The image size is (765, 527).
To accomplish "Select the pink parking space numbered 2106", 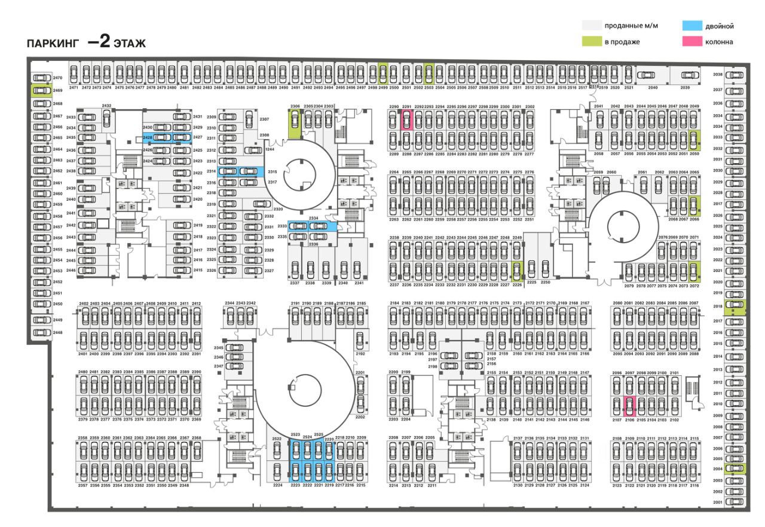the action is tap(629, 406).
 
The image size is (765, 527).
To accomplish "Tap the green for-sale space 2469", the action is tap(41, 90).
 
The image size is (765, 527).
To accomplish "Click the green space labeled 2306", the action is tap(294, 123).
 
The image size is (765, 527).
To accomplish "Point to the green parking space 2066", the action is tap(694, 206).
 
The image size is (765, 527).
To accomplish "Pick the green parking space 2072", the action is tap(694, 271).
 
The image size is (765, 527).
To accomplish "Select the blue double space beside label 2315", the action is tap(241, 171).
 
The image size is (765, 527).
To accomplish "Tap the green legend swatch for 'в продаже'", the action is tap(591, 42).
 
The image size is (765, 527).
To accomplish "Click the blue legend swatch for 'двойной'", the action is tap(691, 26).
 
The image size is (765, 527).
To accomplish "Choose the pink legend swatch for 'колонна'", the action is tap(691, 42).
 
